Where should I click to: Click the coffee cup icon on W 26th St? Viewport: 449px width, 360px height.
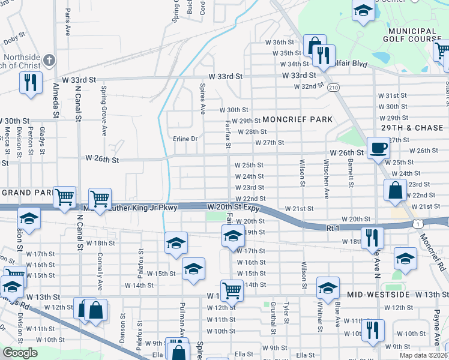click(x=378, y=147)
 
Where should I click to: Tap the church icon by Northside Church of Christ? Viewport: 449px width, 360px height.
click(x=50, y=59)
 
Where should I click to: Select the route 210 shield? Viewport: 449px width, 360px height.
click(x=334, y=87)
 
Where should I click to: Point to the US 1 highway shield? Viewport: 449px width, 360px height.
click(x=416, y=223)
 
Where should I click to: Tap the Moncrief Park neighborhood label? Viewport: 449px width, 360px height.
click(x=297, y=119)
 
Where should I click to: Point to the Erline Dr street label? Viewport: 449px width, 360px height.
click(x=185, y=139)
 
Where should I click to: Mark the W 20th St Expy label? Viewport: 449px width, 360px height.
click(x=233, y=207)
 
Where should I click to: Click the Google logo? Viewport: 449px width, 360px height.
click(x=20, y=353)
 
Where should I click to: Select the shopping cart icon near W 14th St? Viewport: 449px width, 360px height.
click(x=231, y=290)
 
